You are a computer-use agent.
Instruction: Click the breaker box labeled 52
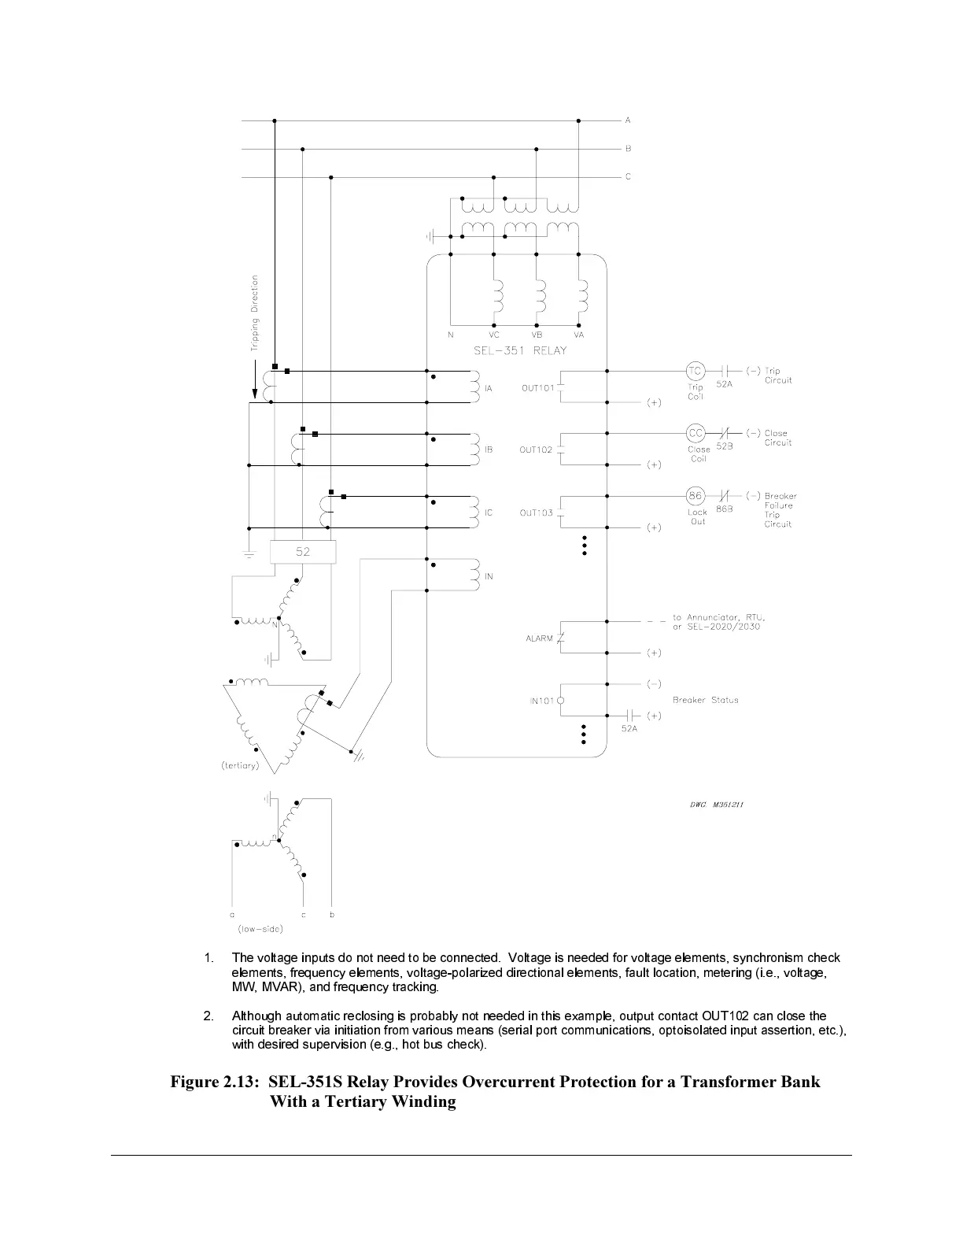click(303, 552)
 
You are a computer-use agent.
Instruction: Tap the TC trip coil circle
click(695, 371)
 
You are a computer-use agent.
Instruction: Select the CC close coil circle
click(695, 433)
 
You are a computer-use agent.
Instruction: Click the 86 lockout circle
click(695, 496)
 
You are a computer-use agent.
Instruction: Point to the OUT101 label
click(537, 387)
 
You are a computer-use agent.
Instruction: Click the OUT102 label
click(536, 450)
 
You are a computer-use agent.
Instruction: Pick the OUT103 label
click(536, 513)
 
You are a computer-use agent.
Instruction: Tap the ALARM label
click(539, 638)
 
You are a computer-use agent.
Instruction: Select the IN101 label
click(542, 701)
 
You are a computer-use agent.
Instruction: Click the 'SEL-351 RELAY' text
click(520, 351)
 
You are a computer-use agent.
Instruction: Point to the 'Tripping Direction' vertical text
click(254, 313)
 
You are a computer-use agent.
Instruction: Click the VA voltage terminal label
click(579, 335)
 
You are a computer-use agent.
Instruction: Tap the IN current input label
click(489, 577)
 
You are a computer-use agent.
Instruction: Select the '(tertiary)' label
click(240, 766)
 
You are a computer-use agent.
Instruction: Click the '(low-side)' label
click(260, 930)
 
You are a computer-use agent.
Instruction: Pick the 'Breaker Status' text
click(705, 700)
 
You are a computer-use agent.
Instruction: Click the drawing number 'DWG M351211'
click(711, 805)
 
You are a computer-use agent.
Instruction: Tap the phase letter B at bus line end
click(628, 149)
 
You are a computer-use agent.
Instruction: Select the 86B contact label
click(724, 509)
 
